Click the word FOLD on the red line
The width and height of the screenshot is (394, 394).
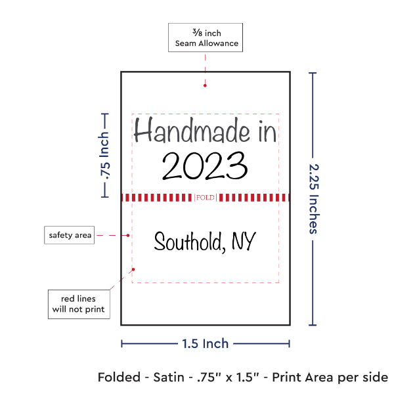tap(206, 198)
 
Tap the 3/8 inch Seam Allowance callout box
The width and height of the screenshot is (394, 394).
tap(206, 37)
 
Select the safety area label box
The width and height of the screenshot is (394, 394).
tap(70, 235)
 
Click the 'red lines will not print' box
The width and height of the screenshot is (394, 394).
tap(79, 304)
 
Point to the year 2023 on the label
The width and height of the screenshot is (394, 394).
tap(205, 166)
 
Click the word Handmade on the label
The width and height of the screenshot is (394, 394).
tap(192, 130)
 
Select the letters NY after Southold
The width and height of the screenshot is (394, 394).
tap(244, 241)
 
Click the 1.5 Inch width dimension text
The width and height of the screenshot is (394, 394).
tap(206, 343)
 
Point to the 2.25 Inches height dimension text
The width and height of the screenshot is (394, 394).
tap(314, 199)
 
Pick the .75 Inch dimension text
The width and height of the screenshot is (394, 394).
tap(104, 156)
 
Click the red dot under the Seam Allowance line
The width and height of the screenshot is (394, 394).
tap(205, 85)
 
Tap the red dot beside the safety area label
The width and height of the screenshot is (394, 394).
tap(128, 236)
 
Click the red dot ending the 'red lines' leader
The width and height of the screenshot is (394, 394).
tap(133, 269)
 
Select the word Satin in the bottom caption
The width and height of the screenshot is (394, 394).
tap(169, 377)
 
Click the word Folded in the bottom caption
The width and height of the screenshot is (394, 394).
tap(119, 377)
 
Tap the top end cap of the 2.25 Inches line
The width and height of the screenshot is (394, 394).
tap(313, 73)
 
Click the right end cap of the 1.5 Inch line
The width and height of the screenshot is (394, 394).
tap(289, 343)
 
